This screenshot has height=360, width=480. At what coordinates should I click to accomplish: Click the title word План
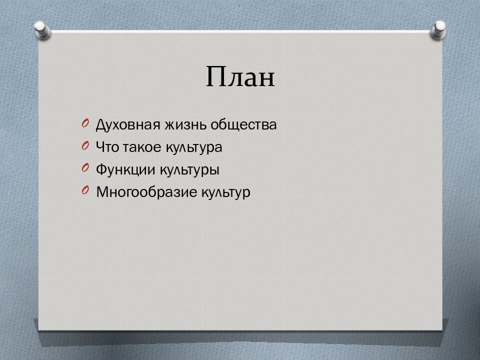[240, 76]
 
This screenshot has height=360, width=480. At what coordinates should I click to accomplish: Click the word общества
[243, 125]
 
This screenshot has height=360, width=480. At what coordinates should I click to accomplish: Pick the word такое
[142, 147]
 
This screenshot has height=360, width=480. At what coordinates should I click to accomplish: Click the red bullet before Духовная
[85, 123]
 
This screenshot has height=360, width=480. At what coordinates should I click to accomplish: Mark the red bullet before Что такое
[85, 145]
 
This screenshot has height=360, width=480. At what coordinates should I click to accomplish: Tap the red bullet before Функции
[85, 168]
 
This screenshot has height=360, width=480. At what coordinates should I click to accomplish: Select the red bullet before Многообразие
[85, 190]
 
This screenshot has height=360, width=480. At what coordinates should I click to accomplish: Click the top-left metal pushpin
[42, 30]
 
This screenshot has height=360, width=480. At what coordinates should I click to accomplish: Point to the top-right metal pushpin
[438, 29]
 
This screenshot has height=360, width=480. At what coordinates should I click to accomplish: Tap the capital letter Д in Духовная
[101, 125]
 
